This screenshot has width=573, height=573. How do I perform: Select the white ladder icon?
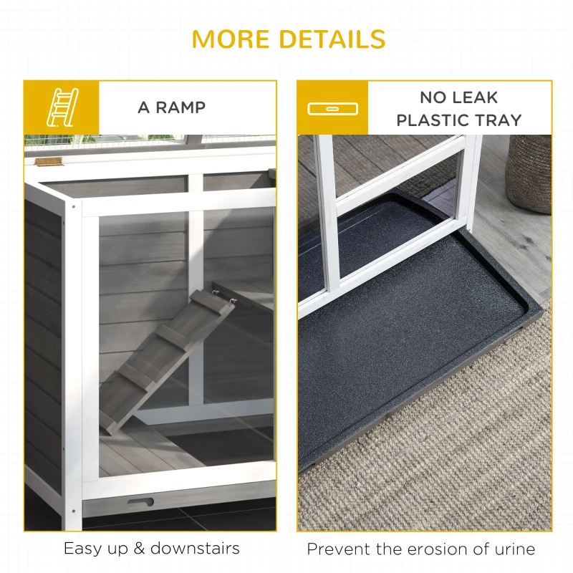click(x=61, y=108)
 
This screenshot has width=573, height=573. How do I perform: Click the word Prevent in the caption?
click(x=336, y=549)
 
